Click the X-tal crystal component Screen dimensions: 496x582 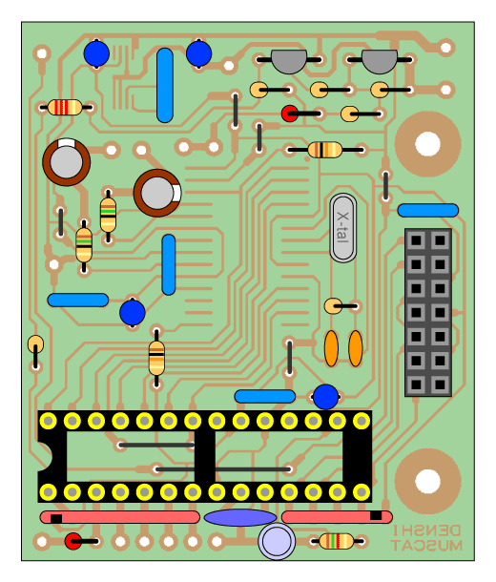[x=342, y=227]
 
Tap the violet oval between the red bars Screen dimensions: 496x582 [x=240, y=517]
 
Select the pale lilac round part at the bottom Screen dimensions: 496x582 [x=277, y=541]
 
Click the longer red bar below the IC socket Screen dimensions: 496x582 [x=119, y=517]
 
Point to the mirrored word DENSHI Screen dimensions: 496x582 [x=426, y=530]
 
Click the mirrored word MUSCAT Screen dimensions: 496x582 [x=426, y=545]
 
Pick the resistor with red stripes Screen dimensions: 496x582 [x=65, y=107]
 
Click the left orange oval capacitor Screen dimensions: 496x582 [x=331, y=348]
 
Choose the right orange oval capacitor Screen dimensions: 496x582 [x=356, y=348]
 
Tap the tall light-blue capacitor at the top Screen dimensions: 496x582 [x=165, y=85]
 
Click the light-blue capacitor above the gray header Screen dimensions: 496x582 [x=427, y=210]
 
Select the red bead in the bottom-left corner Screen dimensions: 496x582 [x=73, y=541]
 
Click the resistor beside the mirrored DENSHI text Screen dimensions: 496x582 [x=337, y=541]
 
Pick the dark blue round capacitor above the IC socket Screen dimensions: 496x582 [x=325, y=397]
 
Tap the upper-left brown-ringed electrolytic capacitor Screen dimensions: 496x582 [x=66, y=162]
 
